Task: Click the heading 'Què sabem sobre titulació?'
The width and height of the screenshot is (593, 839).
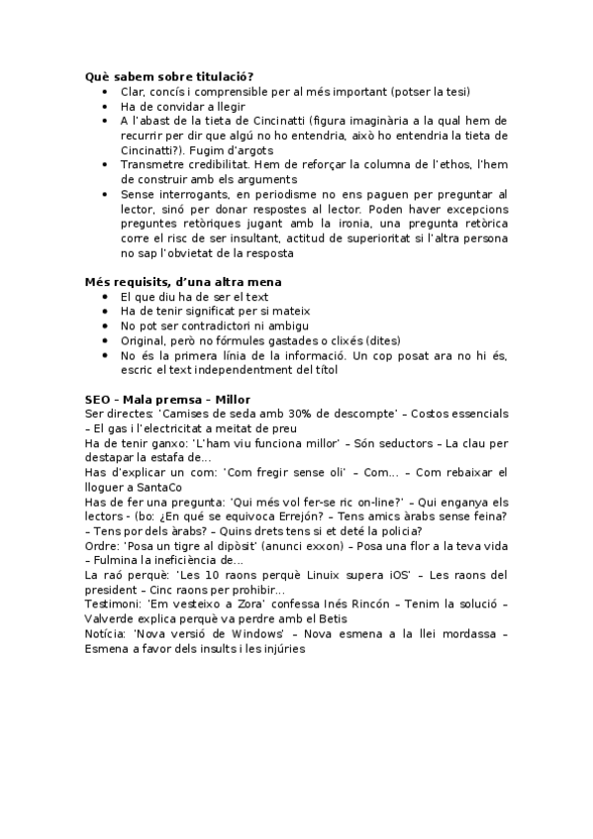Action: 169,76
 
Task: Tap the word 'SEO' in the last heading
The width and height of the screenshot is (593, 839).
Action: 99,399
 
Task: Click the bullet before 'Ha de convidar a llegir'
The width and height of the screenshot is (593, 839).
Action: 107,106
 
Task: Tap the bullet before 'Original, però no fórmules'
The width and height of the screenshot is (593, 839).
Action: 107,340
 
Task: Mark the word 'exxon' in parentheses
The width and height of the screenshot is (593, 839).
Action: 302,546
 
